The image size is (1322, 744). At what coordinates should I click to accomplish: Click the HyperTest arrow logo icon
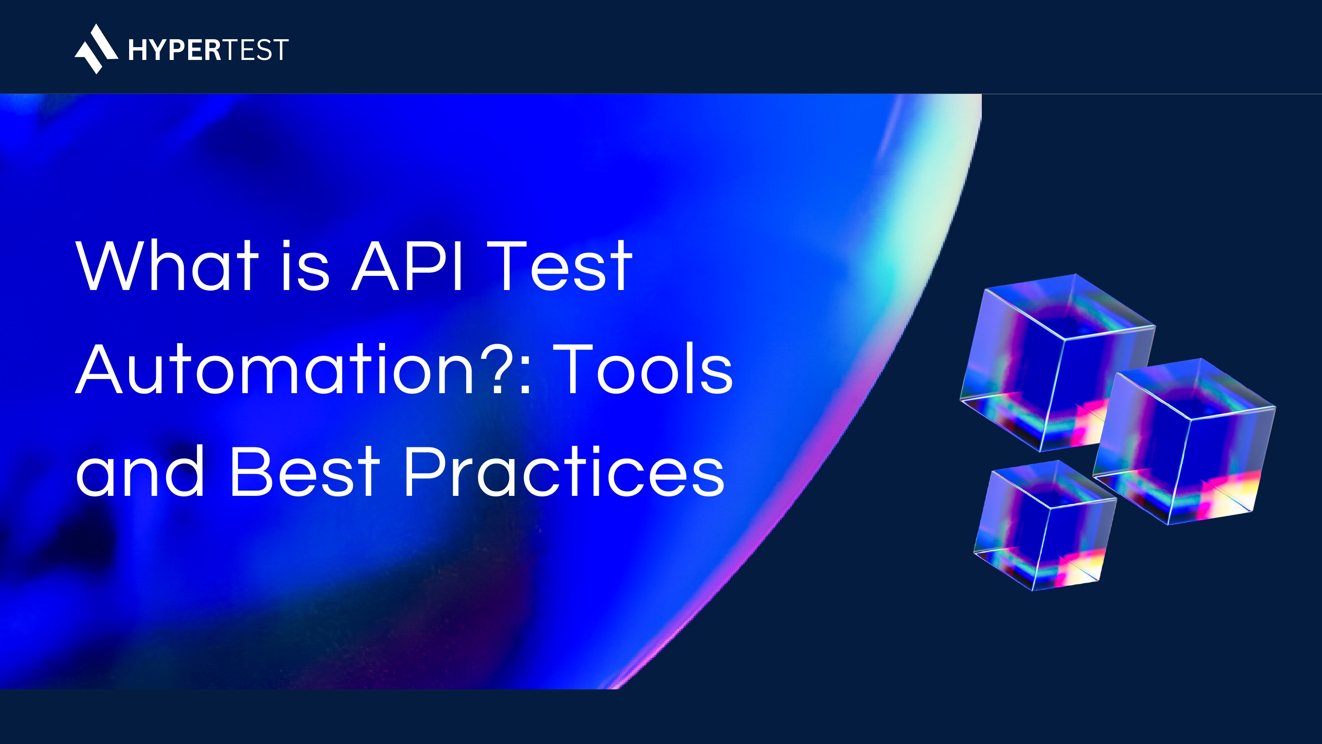(96, 49)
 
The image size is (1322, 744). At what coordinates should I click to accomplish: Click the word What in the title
(167, 266)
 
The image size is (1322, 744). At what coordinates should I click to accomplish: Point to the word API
(407, 266)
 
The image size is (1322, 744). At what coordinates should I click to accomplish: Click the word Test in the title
(559, 266)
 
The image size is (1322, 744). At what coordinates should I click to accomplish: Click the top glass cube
(1057, 362)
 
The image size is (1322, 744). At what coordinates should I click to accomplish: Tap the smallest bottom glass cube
(1045, 525)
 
